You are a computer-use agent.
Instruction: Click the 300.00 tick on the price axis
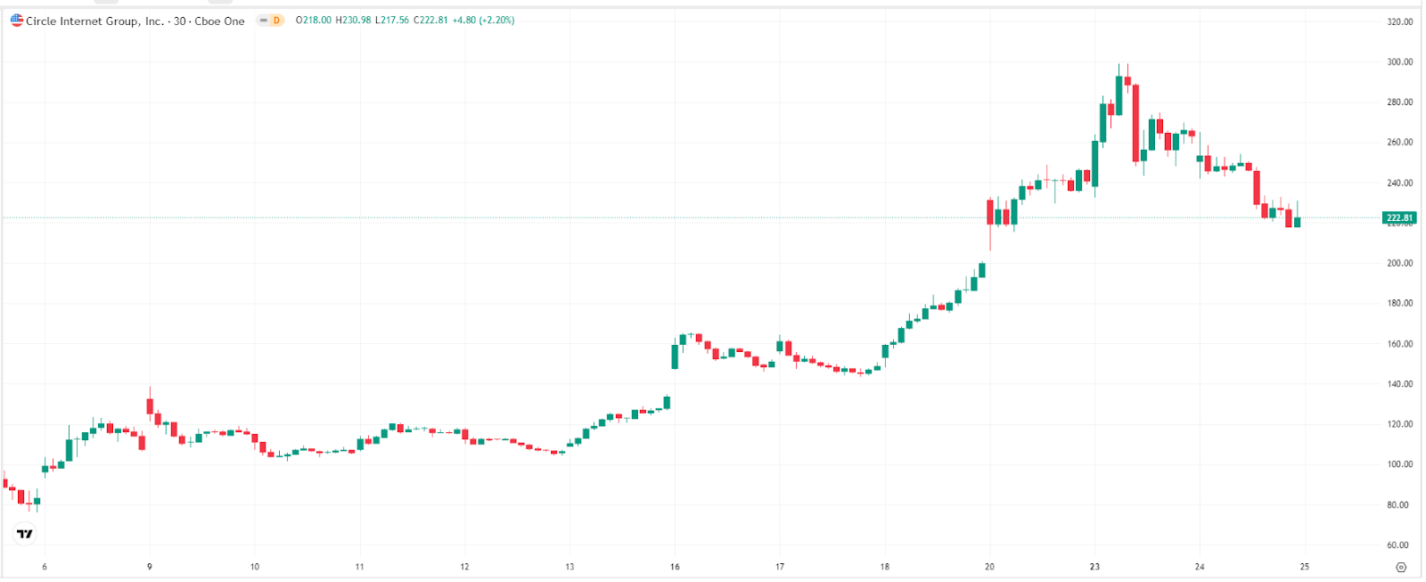[1399, 62]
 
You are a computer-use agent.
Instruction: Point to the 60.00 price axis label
[1399, 545]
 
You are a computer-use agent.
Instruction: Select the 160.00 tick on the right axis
[1399, 344]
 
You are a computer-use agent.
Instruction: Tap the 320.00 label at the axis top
[1399, 21]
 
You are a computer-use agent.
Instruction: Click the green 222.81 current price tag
[1398, 217]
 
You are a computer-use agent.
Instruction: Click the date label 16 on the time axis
[675, 567]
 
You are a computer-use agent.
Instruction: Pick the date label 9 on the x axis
[150, 567]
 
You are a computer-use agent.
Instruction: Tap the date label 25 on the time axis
[1304, 567]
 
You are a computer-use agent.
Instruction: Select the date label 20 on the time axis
[989, 567]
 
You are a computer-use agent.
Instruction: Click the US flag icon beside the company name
[17, 20]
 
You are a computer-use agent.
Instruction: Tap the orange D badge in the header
[276, 20]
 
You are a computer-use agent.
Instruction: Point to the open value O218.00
[314, 20]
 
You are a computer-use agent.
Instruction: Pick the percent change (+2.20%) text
[496, 20]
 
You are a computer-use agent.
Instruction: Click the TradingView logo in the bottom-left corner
[25, 534]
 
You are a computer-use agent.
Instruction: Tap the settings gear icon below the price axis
[1400, 567]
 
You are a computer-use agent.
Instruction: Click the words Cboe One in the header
[219, 21]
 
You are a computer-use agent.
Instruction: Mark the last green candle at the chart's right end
[1297, 222]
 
